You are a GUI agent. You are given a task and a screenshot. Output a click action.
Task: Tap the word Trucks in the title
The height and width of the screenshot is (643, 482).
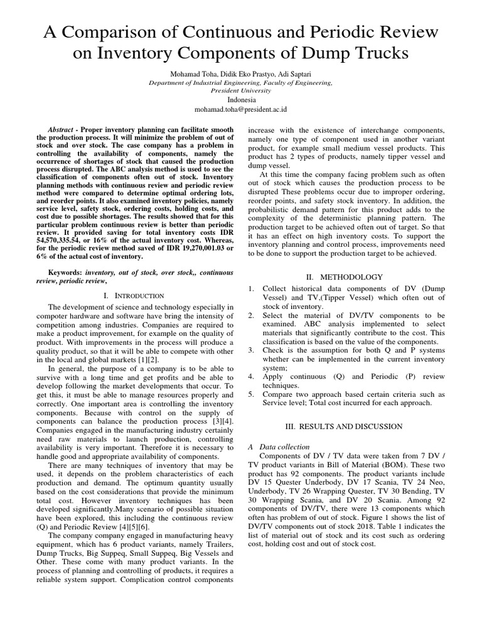pos(375,55)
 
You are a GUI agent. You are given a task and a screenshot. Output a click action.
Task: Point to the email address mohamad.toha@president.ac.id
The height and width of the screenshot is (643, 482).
pos(240,109)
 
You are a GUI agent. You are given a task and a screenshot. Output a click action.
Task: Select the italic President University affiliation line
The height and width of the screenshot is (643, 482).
pos(240,90)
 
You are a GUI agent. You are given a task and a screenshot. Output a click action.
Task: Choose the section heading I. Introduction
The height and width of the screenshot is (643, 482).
pos(135,295)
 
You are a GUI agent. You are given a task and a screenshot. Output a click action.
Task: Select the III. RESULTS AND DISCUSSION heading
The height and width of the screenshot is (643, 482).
pos(344,426)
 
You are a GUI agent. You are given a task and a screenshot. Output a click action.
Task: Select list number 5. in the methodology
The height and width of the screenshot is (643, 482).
pos(251,394)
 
